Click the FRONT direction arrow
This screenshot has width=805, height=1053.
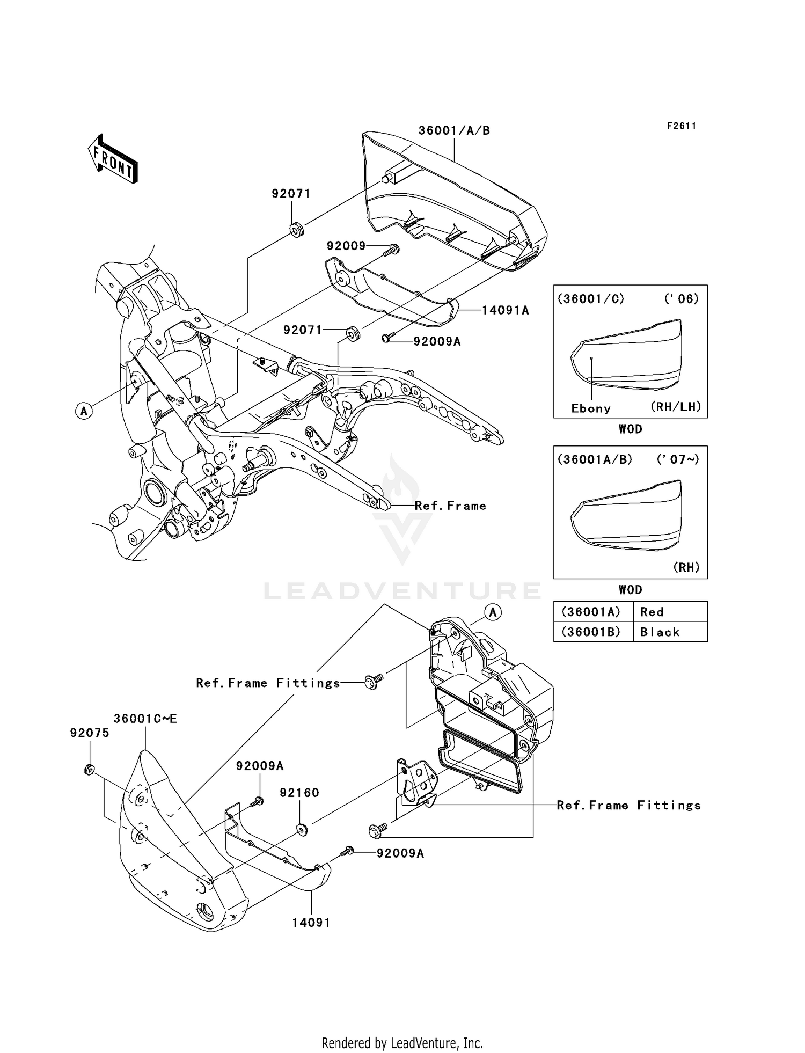pyautogui.click(x=113, y=159)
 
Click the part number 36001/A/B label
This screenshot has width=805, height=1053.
pyautogui.click(x=454, y=130)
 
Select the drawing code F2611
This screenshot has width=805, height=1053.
pyautogui.click(x=682, y=126)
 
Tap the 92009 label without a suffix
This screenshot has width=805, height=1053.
pyautogui.click(x=346, y=246)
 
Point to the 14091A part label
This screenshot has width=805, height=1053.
pyautogui.click(x=505, y=310)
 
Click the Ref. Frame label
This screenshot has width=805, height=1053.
pyautogui.click(x=450, y=506)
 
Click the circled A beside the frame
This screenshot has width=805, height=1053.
pyautogui.click(x=84, y=412)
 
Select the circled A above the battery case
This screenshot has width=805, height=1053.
pyautogui.click(x=493, y=612)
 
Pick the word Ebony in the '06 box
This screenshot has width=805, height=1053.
pyautogui.click(x=591, y=408)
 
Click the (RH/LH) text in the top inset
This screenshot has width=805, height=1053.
pyautogui.click(x=676, y=406)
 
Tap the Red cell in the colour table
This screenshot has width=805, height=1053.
pyautogui.click(x=652, y=612)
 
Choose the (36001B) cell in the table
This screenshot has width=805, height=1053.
pyautogui.click(x=591, y=632)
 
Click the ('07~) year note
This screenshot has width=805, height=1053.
pyautogui.click(x=678, y=459)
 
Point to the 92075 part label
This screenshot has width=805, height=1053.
pyautogui.click(x=90, y=733)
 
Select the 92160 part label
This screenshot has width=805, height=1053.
pyautogui.click(x=299, y=793)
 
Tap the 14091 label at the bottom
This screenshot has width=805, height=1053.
pyautogui.click(x=311, y=923)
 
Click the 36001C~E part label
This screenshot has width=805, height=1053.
pyautogui.click(x=145, y=719)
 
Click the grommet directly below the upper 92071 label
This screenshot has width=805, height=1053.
pyautogui.click(x=297, y=230)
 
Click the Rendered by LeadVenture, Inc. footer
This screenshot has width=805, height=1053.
pyautogui.click(x=402, y=1043)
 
